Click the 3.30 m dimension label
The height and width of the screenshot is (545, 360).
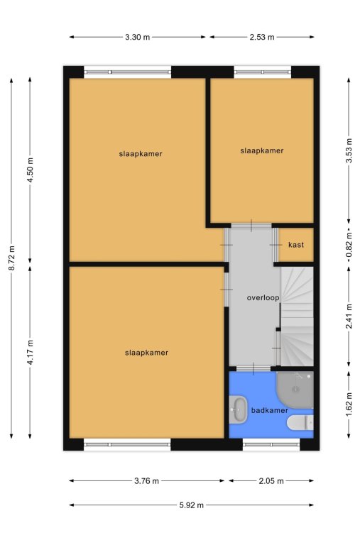click(x=137, y=37)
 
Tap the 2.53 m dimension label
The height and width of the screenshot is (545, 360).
click(x=262, y=37)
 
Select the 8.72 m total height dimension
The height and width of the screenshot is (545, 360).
click(x=12, y=258)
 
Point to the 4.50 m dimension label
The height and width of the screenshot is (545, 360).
click(x=31, y=170)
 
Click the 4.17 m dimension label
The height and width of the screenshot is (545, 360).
click(x=31, y=352)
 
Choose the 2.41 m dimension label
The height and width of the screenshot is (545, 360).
click(x=349, y=316)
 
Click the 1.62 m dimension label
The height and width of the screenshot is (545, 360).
click(x=349, y=405)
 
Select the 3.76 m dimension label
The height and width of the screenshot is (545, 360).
click(x=146, y=481)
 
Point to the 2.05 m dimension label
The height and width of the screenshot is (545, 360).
click(x=271, y=481)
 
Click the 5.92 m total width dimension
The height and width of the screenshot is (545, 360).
click(x=191, y=505)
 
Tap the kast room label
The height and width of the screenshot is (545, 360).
click(x=296, y=245)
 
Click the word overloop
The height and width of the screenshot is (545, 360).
click(x=263, y=298)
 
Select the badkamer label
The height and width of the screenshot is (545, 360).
click(x=270, y=410)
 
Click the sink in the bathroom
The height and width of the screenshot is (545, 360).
click(x=239, y=409)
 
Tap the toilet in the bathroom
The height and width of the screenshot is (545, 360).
click(x=300, y=423)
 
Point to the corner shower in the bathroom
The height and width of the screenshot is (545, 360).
click(x=295, y=390)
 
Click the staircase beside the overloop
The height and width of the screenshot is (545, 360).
click(x=297, y=316)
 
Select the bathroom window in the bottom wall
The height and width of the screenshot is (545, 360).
click(x=271, y=444)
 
